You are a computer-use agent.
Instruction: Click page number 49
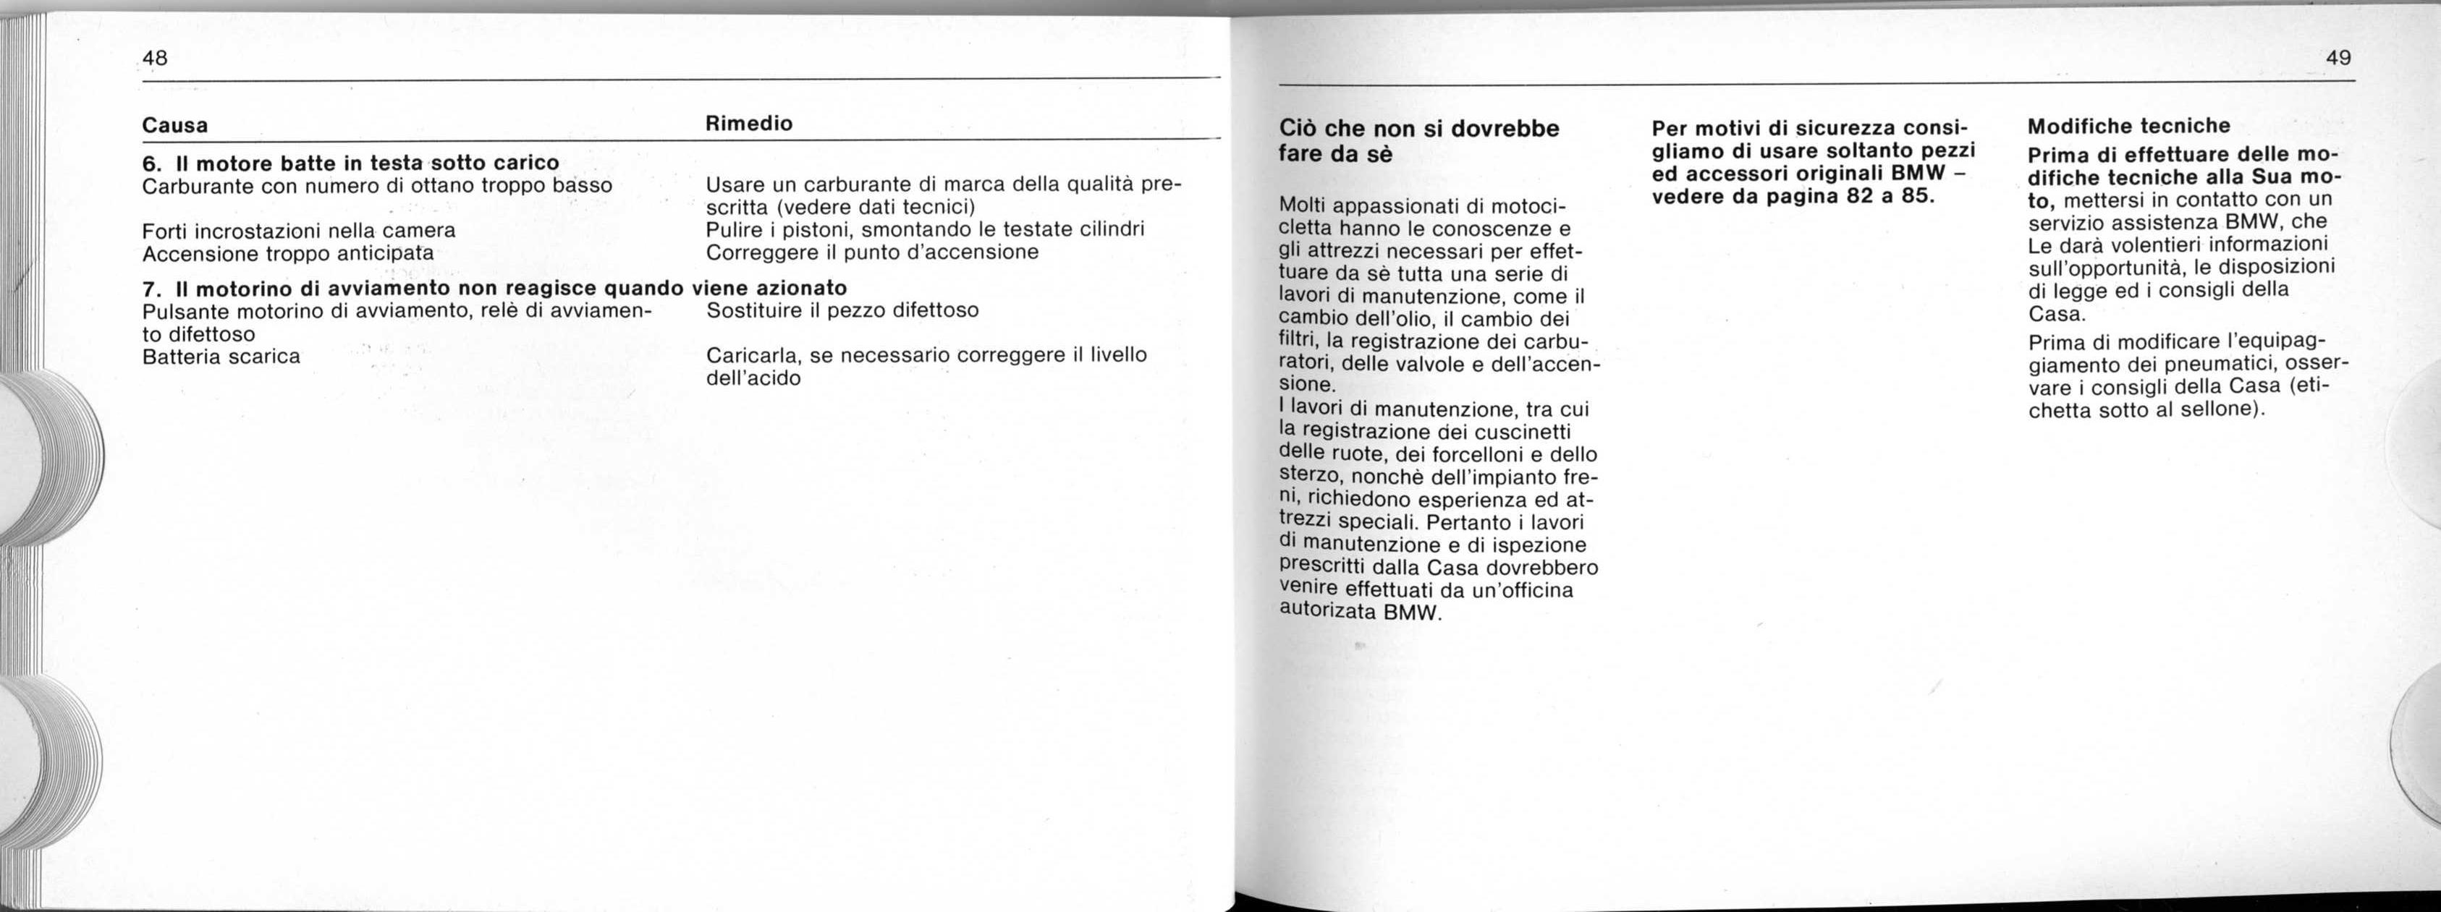(2338, 58)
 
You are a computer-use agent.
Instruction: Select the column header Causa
(174, 125)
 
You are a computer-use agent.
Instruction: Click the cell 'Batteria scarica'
(221, 356)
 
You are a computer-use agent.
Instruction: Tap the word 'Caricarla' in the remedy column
(753, 355)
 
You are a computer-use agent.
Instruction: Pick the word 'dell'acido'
(753, 378)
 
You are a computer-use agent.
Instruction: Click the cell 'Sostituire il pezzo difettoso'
(842, 310)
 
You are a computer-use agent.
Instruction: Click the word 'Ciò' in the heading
(1298, 128)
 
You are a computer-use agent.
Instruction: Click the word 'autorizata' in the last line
(1327, 612)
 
